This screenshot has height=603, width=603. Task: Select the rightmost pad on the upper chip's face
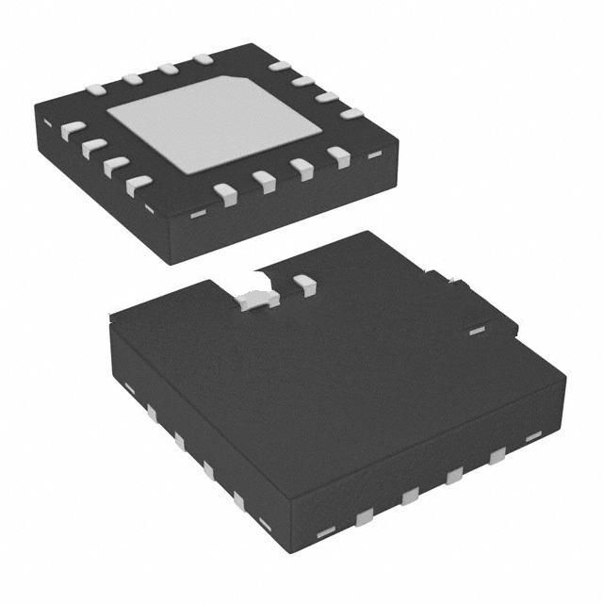tap(351, 114)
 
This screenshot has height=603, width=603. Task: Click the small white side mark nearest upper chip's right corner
tap(374, 155)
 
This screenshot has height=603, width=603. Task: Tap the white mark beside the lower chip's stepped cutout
tap(476, 330)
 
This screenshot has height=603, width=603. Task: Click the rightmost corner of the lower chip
tap(566, 375)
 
